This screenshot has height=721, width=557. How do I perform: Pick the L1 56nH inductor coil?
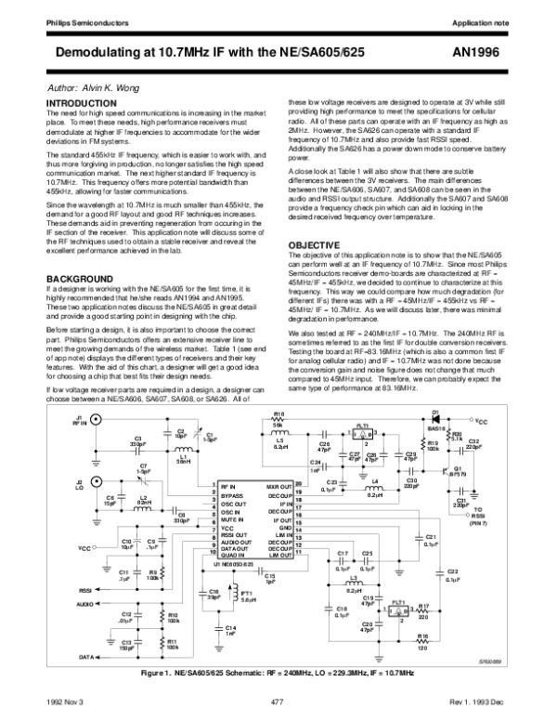(183, 450)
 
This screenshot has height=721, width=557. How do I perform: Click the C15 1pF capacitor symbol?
(269, 572)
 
